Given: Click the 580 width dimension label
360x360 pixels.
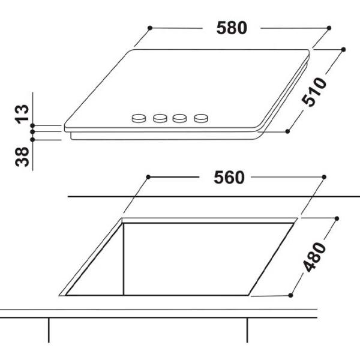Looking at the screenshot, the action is [232, 28].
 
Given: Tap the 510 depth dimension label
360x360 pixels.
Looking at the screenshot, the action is [314, 92].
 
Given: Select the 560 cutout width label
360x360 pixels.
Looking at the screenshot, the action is [229, 178].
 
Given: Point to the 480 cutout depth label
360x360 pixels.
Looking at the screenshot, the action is [314, 257].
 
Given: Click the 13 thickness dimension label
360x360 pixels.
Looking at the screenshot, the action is [22, 114].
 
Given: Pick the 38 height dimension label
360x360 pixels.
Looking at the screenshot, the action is [22, 157].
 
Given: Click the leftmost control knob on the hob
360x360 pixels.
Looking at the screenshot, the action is [139, 118].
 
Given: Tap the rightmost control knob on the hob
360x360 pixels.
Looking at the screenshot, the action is [201, 118].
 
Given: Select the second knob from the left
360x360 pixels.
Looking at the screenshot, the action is [160, 118].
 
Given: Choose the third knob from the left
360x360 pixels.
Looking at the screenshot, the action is [180, 118].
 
